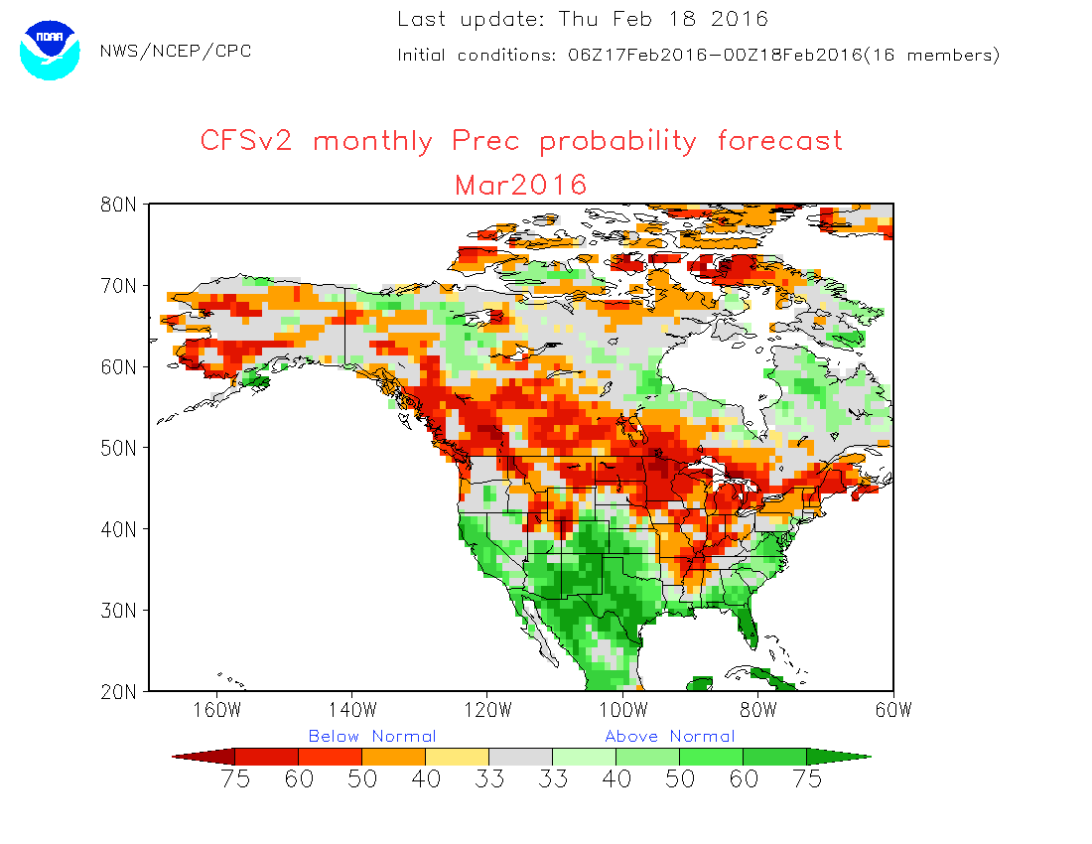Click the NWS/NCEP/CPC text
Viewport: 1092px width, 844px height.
[176, 52]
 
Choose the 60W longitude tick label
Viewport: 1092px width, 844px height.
[892, 710]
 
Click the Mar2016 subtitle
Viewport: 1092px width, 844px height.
[521, 185]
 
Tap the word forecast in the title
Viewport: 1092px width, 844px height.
[780, 141]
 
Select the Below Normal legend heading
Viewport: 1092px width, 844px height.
[372, 737]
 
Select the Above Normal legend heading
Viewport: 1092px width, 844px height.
[670, 737]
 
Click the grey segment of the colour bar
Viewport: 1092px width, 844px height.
[521, 757]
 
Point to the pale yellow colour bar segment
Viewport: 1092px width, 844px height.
[458, 757]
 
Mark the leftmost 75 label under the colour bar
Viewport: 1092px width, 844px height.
[235, 779]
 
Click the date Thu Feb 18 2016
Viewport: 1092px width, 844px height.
[663, 19]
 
